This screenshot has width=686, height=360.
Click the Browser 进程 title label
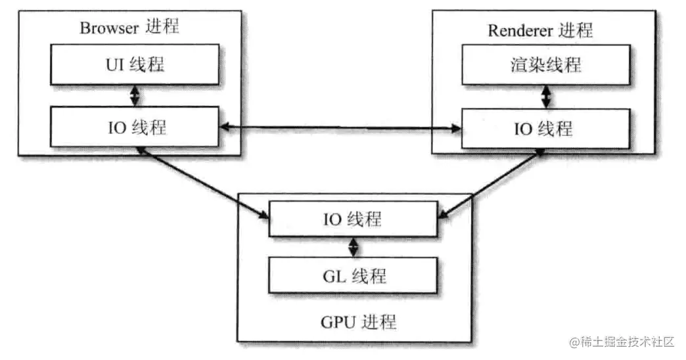pyautogui.click(x=129, y=28)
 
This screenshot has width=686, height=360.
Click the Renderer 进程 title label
pyautogui.click(x=540, y=30)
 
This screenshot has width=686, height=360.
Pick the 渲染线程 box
pyautogui.click(x=546, y=66)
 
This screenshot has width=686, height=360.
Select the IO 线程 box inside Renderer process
pyautogui.click(x=546, y=129)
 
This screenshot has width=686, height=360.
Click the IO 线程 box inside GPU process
pyautogui.click(x=354, y=219)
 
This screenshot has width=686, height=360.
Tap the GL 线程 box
pyautogui.click(x=354, y=276)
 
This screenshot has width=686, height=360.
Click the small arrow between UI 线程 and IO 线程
pyautogui.click(x=135, y=97)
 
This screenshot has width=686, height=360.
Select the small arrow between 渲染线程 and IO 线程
pyautogui.click(x=545, y=97)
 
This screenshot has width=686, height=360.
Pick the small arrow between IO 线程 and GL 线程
pyautogui.click(x=354, y=247)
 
